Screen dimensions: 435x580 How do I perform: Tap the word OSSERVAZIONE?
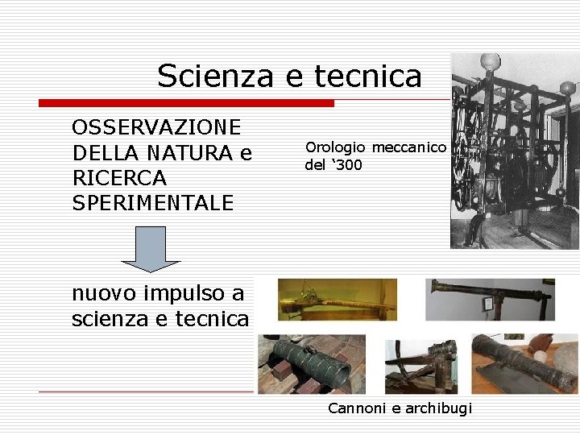(x=156, y=127)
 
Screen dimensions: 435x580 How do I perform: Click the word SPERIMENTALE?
(x=153, y=202)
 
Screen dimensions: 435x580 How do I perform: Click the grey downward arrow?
(x=151, y=249)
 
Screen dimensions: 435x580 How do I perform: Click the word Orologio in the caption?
(x=335, y=147)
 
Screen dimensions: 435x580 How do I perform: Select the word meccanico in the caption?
(x=408, y=147)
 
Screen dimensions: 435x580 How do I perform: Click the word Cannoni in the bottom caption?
(x=356, y=408)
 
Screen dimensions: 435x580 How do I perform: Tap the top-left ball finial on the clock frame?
(x=490, y=62)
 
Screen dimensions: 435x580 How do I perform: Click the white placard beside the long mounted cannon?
(x=487, y=304)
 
